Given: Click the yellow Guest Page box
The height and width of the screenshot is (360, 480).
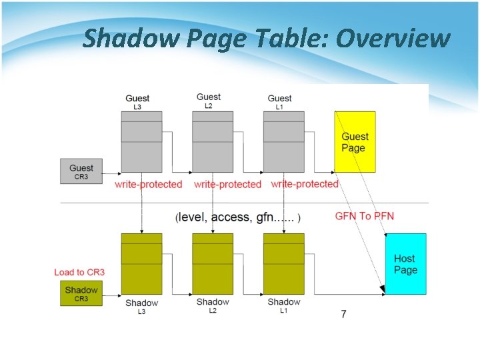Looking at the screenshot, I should click(355, 142).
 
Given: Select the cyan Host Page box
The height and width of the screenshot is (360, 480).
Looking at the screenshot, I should click(405, 264).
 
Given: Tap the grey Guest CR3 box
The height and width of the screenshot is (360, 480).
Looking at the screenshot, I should click(81, 171).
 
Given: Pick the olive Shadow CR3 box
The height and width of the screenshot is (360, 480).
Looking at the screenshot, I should click(81, 294).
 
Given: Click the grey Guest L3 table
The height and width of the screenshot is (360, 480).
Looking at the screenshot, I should click(141, 141).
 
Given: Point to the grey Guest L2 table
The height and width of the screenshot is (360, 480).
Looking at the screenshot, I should click(213, 141).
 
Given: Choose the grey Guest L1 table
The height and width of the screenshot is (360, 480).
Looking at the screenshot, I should click(284, 141).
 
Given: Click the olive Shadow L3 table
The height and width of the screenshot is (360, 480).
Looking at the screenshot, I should click(141, 264).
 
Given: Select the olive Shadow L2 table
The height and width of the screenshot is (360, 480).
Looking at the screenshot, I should click(213, 264).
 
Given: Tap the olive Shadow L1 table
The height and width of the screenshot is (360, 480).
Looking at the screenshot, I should click(284, 264).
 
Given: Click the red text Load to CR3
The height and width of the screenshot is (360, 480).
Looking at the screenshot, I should click(79, 272).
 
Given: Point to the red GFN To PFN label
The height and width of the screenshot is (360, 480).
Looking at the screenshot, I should click(364, 216).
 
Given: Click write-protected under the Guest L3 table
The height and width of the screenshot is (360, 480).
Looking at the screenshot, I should click(148, 184).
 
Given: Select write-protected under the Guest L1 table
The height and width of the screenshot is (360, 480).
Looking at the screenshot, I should click(305, 183).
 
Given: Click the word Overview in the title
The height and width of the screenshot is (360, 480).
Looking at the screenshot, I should click(393, 39).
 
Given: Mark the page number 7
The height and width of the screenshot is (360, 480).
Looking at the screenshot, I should click(343, 314).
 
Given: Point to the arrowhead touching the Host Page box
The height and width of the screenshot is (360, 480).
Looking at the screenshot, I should click(383, 290).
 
